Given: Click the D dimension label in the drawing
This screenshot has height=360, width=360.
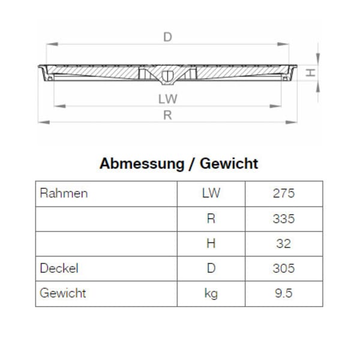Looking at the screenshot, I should click(x=168, y=37).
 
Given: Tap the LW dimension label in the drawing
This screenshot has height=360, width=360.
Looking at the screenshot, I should click(x=168, y=98).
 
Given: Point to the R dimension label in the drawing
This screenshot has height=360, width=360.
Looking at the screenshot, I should click(x=168, y=115).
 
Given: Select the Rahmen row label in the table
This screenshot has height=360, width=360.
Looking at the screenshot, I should click(x=64, y=193).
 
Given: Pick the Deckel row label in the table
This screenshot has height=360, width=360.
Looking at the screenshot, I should click(x=59, y=268).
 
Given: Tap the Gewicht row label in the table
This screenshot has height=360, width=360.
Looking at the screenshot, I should click(x=63, y=293).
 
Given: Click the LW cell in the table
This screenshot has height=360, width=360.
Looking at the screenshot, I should click(x=211, y=193).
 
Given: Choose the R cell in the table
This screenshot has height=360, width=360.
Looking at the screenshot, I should click(x=211, y=218).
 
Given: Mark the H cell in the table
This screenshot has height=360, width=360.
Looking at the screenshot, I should click(x=211, y=244).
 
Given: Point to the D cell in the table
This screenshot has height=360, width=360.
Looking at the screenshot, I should click(x=211, y=268).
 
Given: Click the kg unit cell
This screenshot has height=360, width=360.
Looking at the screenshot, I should click(x=211, y=293).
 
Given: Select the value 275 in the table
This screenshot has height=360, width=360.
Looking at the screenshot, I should click(x=283, y=193).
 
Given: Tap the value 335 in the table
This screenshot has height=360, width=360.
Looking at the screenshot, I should click(x=283, y=218).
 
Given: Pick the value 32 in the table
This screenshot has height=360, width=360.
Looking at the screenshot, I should click(x=283, y=244).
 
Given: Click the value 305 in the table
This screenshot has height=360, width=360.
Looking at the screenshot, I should click(x=283, y=268).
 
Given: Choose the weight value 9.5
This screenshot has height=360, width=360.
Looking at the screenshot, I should click(x=283, y=293).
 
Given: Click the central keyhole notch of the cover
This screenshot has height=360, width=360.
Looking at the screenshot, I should click(x=168, y=75).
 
